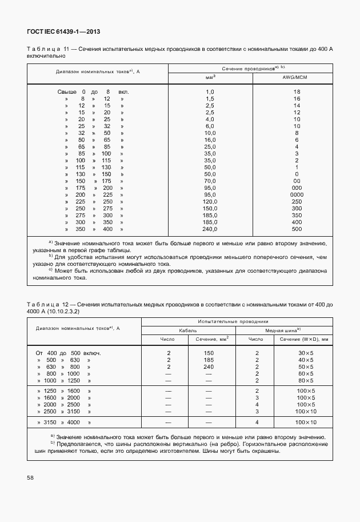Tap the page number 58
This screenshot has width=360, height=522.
pos(29,476)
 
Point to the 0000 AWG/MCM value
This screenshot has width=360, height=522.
pos(297,194)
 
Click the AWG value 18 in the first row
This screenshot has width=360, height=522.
pos(297,91)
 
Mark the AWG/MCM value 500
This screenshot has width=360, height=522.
pos(297,229)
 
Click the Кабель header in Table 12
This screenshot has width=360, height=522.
pos(187,330)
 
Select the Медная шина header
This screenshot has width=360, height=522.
pos(283,330)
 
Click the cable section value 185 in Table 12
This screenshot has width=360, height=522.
pos(209,360)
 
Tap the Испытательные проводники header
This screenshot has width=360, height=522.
pos(237,322)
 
